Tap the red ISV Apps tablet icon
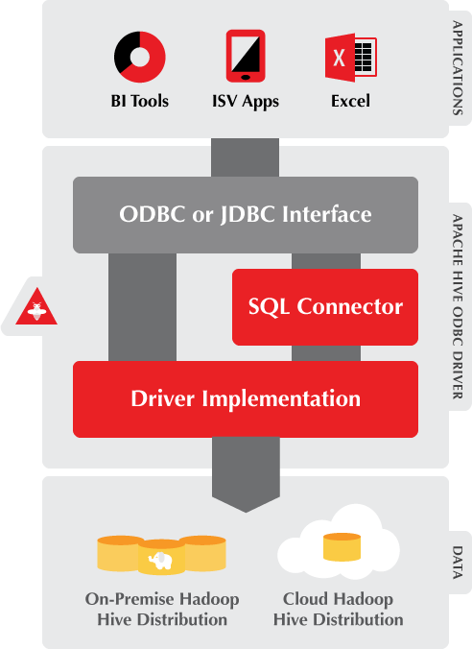[246, 57]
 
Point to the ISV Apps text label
[247, 101]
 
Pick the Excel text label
[350, 101]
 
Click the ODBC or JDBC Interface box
[246, 214]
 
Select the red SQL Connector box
[325, 307]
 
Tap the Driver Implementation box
[246, 397]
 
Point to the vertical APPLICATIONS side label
[458, 69]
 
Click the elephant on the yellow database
[160, 559]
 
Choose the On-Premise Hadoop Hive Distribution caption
[162, 609]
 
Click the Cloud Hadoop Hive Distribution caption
[338, 609]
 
